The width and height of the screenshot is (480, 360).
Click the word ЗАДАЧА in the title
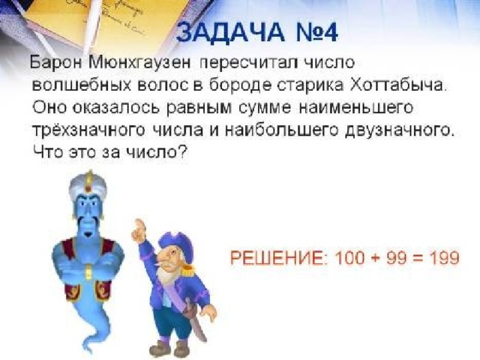pos(230,31)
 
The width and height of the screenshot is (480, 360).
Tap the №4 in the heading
pos(317,31)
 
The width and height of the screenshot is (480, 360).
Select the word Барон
pos(56,63)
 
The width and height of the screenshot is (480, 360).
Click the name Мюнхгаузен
pos(140,63)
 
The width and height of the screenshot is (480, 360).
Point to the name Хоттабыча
pos(398,85)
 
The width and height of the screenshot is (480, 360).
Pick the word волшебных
pos(82,85)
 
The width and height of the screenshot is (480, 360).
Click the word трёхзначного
pos(88,130)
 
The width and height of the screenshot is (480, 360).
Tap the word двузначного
pos(399,130)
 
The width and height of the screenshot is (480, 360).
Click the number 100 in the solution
pos(349,258)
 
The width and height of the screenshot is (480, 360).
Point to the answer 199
pos(444,258)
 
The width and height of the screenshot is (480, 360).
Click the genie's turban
pos(88,186)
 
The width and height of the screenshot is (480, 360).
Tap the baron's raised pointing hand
pos(139,230)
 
